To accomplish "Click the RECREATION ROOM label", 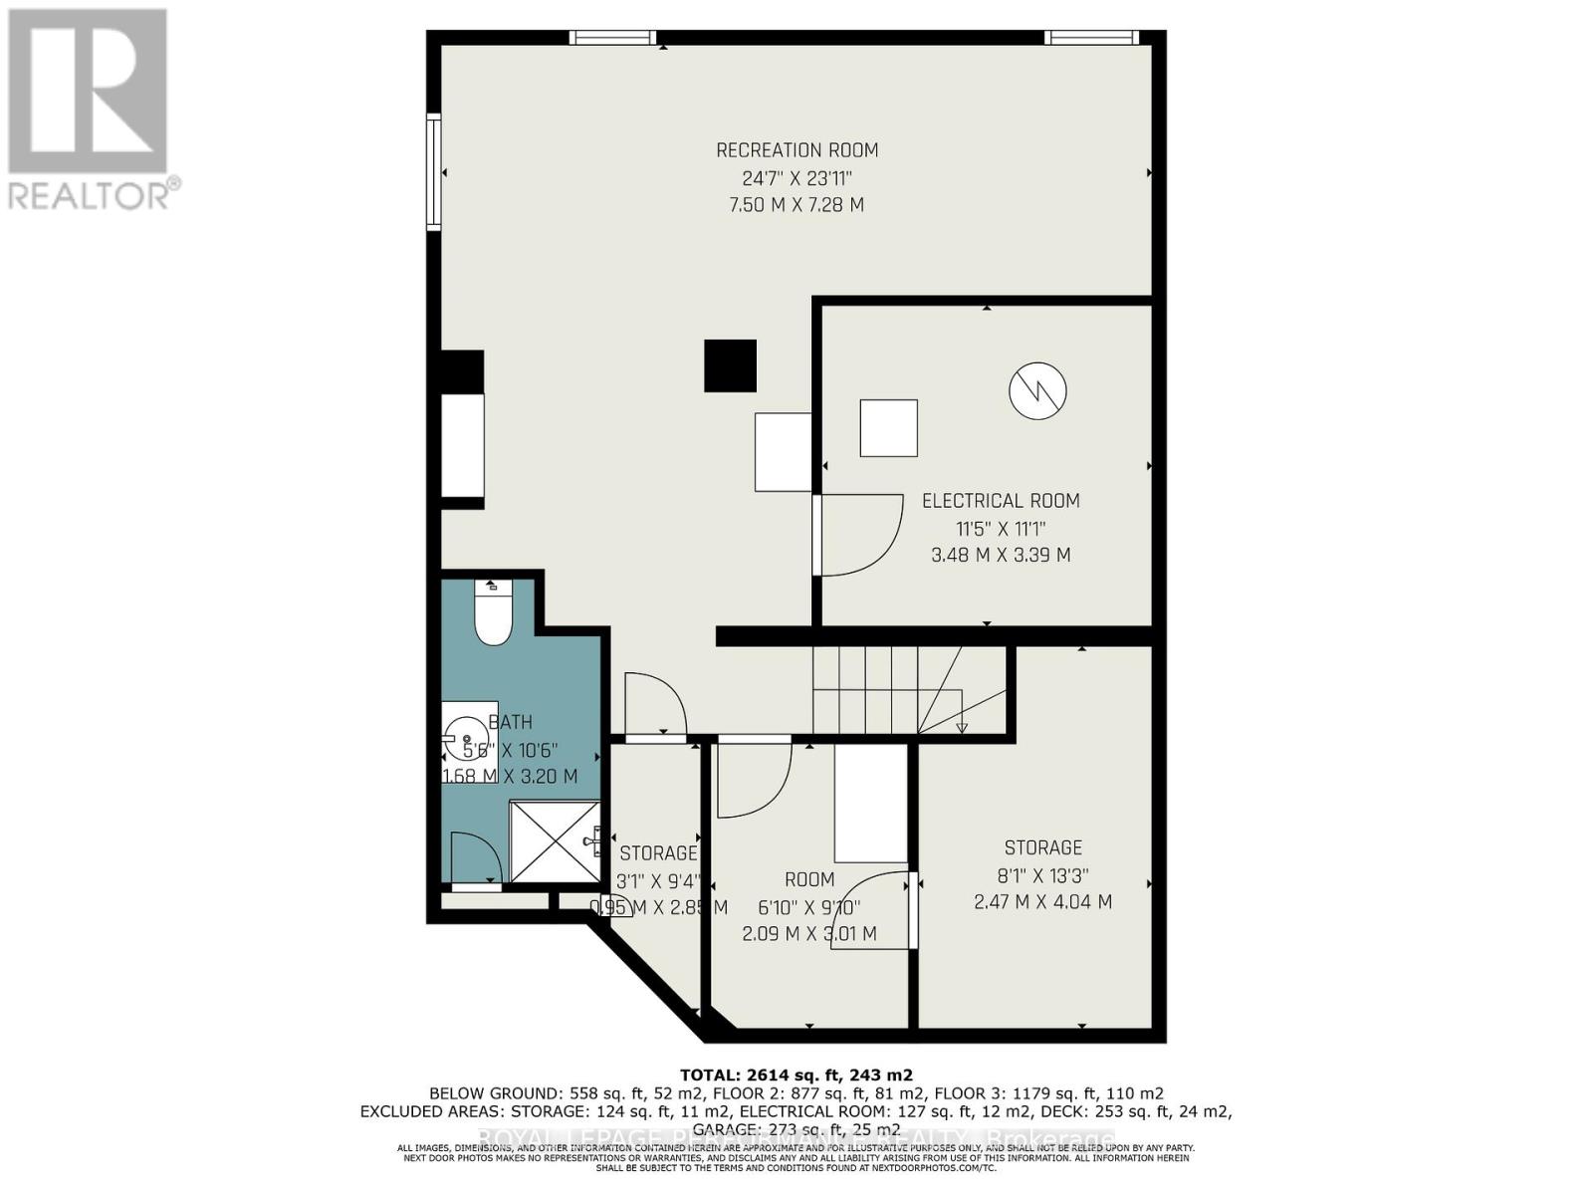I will (x=796, y=150).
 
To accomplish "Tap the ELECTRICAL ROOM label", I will (x=1000, y=501).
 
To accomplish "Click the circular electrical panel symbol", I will (x=1037, y=390).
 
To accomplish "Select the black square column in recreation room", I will (x=730, y=365).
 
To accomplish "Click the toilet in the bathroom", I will (x=493, y=612).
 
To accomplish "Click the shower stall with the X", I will (x=554, y=841).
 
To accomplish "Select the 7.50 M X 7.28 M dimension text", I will (x=796, y=205).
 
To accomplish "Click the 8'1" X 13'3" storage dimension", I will (x=1042, y=876).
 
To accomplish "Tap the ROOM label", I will (x=809, y=879).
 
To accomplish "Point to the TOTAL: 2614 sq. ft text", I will (x=796, y=1075).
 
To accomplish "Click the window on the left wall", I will (x=434, y=172).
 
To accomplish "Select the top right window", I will (x=1091, y=38).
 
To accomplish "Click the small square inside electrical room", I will (x=888, y=428).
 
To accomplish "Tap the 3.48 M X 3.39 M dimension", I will (x=1000, y=555).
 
